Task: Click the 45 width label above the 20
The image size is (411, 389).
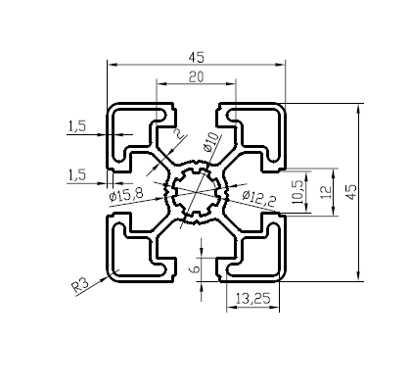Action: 197,58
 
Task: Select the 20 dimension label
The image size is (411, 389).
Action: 197,76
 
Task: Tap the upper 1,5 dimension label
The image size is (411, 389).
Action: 77,126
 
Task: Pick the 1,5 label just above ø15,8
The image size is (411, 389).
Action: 77,175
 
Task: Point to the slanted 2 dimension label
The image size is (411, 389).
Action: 178,133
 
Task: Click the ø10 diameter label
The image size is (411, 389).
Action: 210,142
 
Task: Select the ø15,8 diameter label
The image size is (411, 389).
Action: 126,195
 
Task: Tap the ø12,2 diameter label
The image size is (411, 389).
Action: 259,198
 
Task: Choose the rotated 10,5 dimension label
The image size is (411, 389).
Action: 298,192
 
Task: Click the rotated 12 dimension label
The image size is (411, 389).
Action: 326,192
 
